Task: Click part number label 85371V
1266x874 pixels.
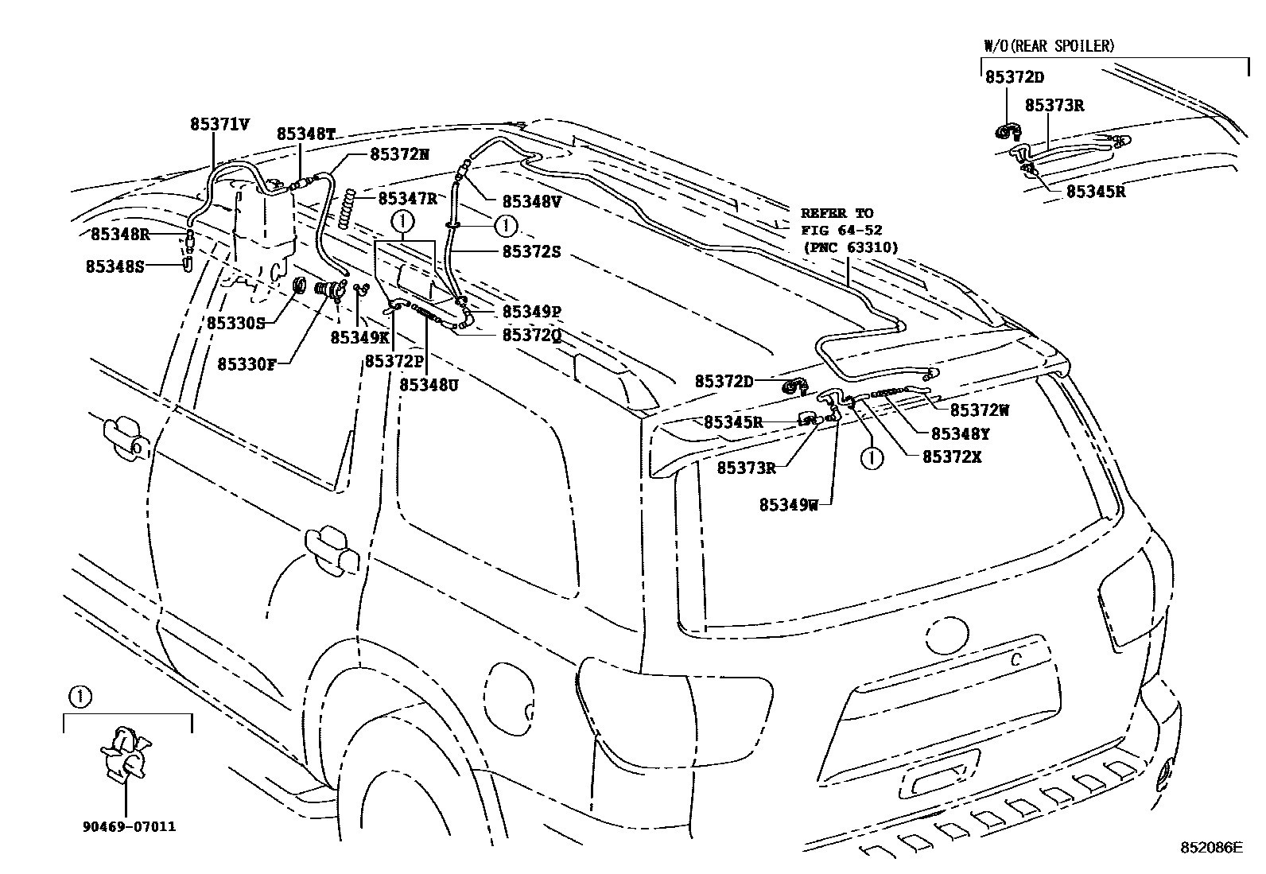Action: click(219, 124)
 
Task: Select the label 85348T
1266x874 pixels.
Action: click(305, 134)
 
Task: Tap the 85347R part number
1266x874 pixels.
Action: click(407, 198)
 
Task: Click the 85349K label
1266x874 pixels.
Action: click(359, 337)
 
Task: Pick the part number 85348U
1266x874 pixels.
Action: click(429, 384)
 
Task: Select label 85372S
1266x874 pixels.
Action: click(531, 251)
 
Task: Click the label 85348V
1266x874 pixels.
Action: click(531, 202)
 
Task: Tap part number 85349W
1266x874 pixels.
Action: click(788, 504)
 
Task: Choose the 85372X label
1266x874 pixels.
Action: click(952, 457)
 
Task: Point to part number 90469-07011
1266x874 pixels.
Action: click(128, 826)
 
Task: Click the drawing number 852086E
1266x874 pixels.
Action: click(1210, 849)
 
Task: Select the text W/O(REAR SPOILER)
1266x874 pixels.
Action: click(1048, 45)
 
